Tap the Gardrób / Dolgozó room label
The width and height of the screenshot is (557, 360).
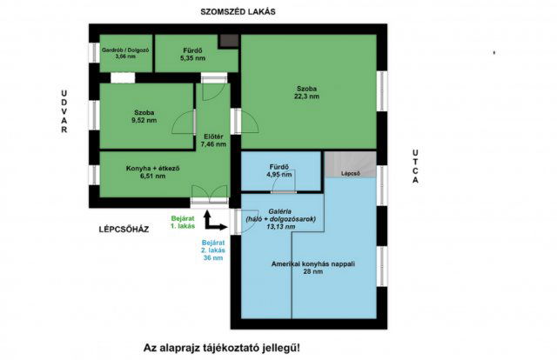[x=125, y=53]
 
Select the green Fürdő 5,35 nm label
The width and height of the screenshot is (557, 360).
[x=192, y=53]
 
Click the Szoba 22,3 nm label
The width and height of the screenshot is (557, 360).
[x=305, y=92]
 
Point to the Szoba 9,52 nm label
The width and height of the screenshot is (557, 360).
[x=144, y=116]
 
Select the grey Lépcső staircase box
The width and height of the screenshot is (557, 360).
[x=350, y=167]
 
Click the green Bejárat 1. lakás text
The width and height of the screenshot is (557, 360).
[x=183, y=223]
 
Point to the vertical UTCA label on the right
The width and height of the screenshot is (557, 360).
[x=415, y=168]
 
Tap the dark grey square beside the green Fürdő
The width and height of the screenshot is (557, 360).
[x=229, y=41]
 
